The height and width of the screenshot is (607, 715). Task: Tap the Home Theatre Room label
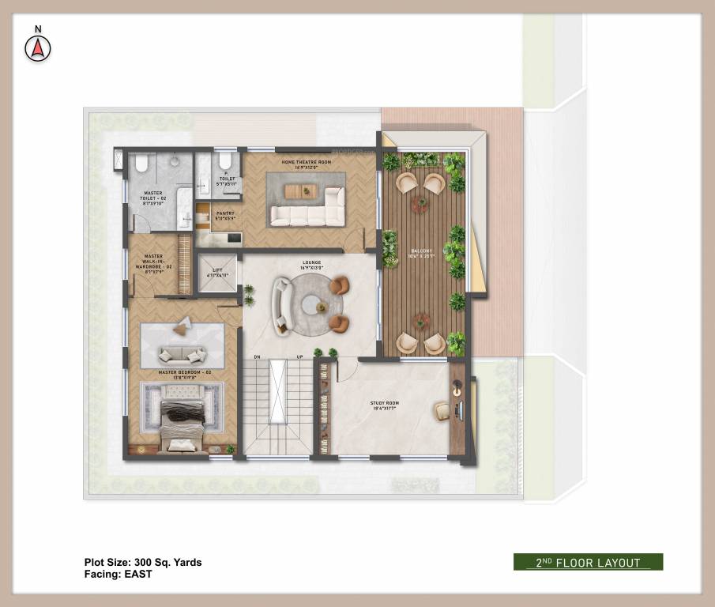[x=306, y=164]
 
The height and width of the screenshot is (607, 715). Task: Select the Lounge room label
[x=310, y=266]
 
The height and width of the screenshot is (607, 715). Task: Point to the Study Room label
[x=385, y=405]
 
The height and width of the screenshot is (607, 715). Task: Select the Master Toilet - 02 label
[x=153, y=198]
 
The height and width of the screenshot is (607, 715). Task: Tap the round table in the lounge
[x=320, y=305]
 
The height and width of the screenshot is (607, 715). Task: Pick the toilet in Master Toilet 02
[x=141, y=163]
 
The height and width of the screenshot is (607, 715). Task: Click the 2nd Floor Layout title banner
[x=588, y=562]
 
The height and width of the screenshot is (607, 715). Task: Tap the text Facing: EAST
[x=118, y=575]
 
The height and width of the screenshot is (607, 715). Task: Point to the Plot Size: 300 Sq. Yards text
[x=142, y=563]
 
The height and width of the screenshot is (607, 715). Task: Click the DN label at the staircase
[x=257, y=356]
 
